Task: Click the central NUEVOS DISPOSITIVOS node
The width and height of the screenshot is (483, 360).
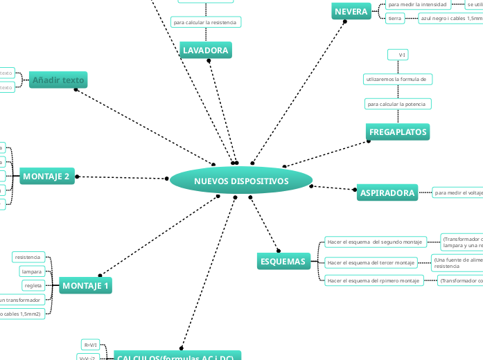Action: pos(241,181)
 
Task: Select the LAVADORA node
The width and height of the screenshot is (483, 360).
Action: pos(205,51)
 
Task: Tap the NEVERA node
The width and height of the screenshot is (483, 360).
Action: pos(351,12)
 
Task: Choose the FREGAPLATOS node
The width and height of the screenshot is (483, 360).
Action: pos(398,132)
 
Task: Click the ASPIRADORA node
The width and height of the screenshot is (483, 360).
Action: pos(387,193)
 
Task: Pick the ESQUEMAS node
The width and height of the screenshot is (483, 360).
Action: pos(283,261)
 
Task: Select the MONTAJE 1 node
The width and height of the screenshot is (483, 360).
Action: pos(86,285)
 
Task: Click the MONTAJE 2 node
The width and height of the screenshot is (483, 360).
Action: pos(46,177)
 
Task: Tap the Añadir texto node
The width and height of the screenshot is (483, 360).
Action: pos(58,80)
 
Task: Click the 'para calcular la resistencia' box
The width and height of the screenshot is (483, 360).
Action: pos(205,22)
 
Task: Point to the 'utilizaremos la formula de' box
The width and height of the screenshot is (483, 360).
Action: pos(398,80)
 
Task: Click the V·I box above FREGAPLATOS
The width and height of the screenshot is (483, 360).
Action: pos(398,54)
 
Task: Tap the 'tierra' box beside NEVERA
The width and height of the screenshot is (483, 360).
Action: pos(395,18)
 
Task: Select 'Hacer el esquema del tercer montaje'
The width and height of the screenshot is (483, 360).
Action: pos(371,262)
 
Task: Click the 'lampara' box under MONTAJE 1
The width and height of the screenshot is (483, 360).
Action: pos(32,271)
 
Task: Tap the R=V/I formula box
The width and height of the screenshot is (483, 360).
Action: pos(91,344)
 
